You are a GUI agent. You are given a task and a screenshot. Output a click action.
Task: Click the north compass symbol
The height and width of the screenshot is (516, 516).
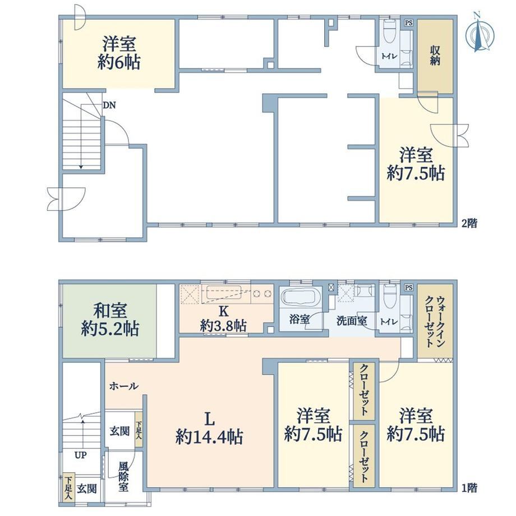(x=480, y=33)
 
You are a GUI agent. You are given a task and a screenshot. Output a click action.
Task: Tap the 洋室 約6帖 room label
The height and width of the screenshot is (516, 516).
(x=119, y=53)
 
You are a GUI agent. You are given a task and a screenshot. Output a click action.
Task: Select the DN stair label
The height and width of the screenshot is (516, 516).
(x=109, y=105)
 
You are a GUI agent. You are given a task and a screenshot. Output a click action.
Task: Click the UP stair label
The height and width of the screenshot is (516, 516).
(x=81, y=455)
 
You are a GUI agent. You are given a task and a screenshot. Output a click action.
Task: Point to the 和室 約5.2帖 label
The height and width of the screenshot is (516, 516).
(x=110, y=320)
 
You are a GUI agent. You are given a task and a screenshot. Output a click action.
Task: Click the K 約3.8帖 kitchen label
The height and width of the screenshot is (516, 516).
(x=223, y=319)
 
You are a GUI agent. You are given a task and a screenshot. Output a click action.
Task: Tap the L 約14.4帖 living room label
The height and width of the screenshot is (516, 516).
(x=209, y=428)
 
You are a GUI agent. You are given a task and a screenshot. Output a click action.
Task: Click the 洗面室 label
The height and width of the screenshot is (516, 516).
(x=352, y=321)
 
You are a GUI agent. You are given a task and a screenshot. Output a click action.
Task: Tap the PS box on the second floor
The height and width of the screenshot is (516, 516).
(x=409, y=23)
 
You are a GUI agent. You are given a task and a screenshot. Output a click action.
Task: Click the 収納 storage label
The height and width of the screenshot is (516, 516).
(x=435, y=56)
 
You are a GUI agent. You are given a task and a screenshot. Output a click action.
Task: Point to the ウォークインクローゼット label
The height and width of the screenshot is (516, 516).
(x=435, y=322)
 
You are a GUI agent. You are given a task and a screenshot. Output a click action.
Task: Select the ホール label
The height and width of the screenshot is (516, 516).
(x=124, y=386)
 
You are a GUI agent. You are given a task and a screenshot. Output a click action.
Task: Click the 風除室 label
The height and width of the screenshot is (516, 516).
(x=123, y=476)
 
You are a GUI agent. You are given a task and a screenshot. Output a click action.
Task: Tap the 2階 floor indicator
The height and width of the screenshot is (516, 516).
(x=469, y=224)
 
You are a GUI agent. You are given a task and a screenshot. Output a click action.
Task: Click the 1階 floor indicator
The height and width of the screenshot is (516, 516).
(x=469, y=488)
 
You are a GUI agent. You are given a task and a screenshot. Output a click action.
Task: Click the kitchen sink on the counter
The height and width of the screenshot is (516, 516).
(x=223, y=293)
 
